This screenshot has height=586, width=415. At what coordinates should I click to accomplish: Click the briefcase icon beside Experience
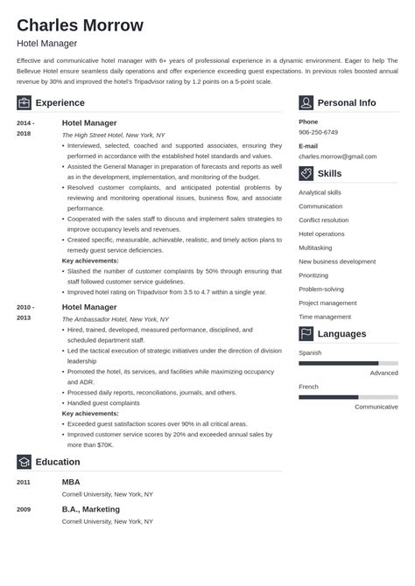tap(24, 102)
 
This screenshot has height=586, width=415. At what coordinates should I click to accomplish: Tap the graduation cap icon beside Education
tap(24, 462)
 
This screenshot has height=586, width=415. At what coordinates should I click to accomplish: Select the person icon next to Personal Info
tap(306, 102)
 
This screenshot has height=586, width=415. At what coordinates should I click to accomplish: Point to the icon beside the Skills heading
tap(306, 173)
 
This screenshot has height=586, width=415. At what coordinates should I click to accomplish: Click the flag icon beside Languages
tap(306, 333)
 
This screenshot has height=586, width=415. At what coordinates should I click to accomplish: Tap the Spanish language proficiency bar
tap(348, 363)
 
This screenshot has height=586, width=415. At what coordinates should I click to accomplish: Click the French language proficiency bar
tap(348, 396)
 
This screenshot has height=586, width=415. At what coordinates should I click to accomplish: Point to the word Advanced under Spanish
tap(383, 373)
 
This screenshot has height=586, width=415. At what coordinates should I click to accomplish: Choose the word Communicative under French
tap(376, 406)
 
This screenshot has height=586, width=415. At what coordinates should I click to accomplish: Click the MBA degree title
tap(71, 481)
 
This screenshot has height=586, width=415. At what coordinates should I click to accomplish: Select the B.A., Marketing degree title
tap(91, 509)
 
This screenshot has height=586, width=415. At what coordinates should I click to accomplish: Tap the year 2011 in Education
tap(24, 482)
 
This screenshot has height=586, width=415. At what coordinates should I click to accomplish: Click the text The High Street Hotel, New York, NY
tap(113, 136)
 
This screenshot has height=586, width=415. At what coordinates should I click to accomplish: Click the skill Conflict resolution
tap(323, 220)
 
